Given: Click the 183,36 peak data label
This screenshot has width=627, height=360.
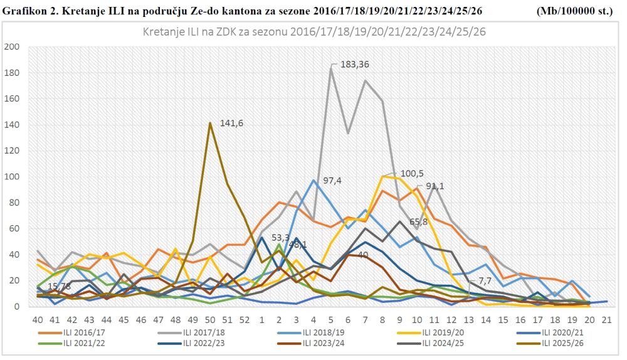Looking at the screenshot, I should tap(355, 64).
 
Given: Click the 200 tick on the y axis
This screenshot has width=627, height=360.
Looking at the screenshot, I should tap(12, 47).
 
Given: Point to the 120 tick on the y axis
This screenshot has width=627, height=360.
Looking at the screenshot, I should tap(12, 151).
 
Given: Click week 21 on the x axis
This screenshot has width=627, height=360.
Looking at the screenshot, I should tap(606, 320).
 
